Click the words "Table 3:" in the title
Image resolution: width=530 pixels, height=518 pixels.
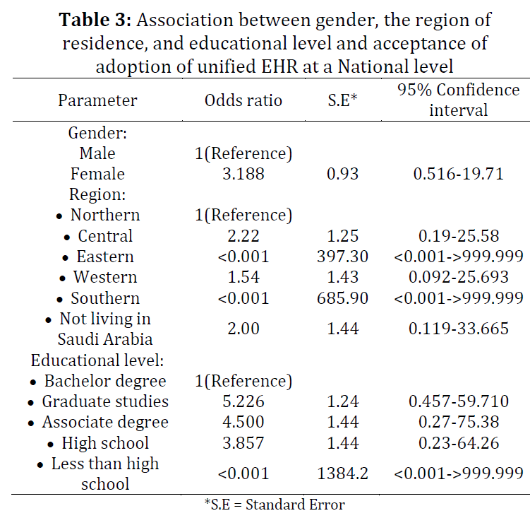click(95, 20)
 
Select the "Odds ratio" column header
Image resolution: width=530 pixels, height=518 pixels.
click(243, 100)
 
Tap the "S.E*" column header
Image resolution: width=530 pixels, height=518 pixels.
click(342, 100)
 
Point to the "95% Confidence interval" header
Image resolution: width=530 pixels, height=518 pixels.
click(458, 100)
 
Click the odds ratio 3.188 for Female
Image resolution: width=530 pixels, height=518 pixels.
click(243, 174)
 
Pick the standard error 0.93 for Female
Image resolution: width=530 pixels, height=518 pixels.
click(342, 174)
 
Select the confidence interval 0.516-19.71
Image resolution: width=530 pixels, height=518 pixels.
click(458, 174)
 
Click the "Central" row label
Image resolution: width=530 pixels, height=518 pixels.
click(105, 235)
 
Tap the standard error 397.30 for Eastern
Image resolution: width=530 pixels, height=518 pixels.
click(342, 257)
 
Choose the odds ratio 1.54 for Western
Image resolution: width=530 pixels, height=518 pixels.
click(243, 277)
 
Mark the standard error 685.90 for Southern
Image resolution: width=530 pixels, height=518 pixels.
click(342, 298)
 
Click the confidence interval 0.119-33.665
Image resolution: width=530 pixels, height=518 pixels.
click(458, 329)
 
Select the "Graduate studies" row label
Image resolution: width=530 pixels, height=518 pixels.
click(105, 401)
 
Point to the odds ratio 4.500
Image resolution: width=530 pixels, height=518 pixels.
click(243, 422)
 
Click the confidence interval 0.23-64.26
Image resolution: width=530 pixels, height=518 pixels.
click(458, 443)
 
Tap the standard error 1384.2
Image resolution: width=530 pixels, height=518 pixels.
click(342, 473)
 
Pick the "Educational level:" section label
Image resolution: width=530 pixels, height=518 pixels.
click(97, 360)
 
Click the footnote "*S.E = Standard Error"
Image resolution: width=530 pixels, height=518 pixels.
click(275, 505)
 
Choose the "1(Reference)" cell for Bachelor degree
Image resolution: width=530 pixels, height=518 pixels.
click(243, 381)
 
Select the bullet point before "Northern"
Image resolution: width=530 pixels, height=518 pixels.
click(59, 216)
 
